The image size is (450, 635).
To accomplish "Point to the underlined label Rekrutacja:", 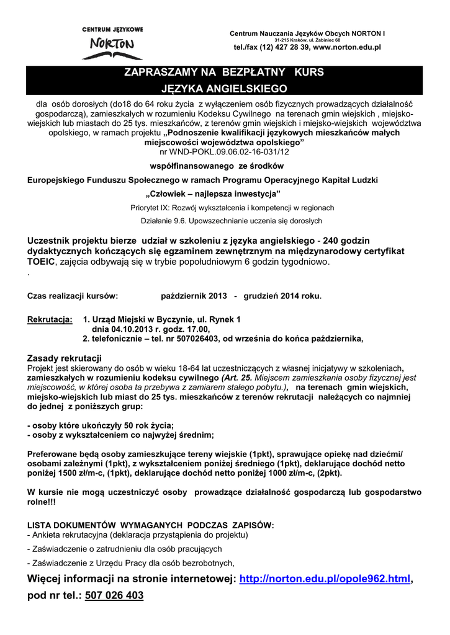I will [50, 319].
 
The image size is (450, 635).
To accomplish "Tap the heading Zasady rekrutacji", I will [65, 358].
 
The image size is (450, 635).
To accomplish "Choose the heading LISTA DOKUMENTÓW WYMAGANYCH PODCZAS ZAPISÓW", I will [150, 525].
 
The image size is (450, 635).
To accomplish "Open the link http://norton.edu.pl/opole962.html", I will [325, 579].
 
